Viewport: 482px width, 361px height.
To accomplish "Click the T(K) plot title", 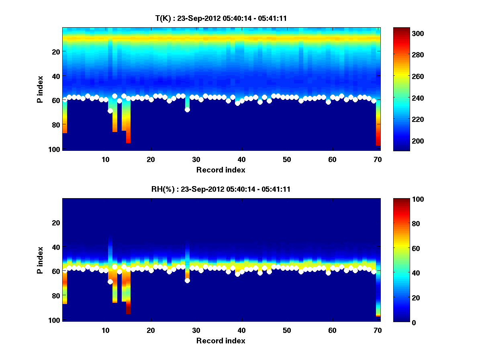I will click(221, 18).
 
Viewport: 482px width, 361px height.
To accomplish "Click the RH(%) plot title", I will click(221, 189).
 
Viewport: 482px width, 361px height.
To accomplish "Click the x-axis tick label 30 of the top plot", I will click(196, 159).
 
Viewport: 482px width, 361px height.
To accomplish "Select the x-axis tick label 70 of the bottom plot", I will click(378, 330).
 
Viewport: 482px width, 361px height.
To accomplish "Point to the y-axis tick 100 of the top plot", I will click(55, 149).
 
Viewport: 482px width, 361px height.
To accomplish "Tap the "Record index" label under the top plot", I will click(221, 170).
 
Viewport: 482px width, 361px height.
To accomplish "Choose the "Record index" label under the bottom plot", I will click(221, 341).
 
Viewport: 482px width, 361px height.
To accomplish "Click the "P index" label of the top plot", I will click(40, 89).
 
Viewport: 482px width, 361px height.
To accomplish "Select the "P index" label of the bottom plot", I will click(40, 260).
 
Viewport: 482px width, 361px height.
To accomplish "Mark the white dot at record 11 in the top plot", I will click(110, 111).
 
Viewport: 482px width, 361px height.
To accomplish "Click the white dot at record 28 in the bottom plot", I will click(187, 280).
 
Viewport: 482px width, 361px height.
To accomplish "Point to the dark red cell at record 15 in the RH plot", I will click(128, 308).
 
